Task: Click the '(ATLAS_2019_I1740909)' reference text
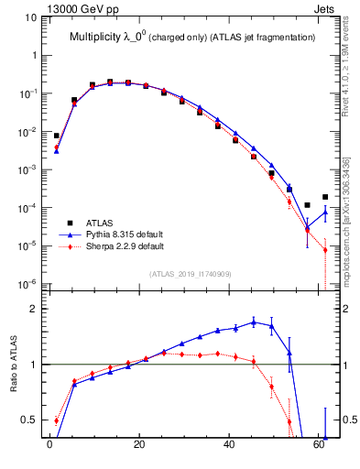coord(190,274)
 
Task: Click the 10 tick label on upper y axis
coord(28,17)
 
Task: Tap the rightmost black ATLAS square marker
coord(325,197)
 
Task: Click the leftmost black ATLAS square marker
coord(56,136)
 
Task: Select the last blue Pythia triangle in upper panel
coord(325,213)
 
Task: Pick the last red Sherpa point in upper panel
coord(325,250)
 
